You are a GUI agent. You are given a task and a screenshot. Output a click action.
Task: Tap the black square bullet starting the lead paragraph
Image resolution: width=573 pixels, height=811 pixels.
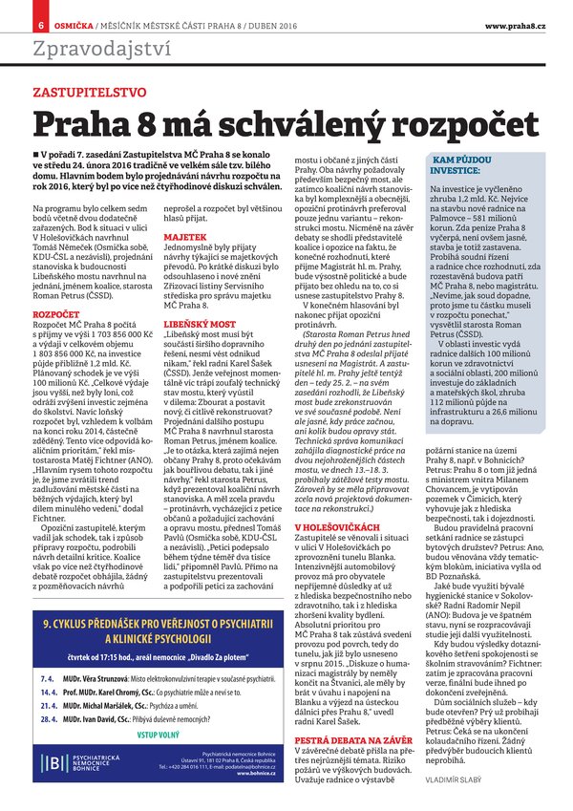coord(35,154)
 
